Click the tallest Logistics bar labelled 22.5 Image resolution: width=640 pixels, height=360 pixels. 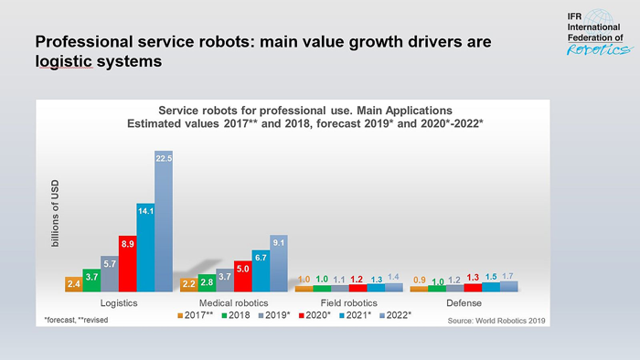164,221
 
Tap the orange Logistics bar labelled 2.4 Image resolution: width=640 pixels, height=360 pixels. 74,284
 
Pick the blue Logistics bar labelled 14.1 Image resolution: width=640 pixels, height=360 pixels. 145,247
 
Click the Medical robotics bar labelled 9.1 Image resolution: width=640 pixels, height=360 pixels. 279,263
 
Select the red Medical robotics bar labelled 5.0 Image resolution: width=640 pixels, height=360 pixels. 243,276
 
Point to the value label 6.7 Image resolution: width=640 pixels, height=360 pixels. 261,259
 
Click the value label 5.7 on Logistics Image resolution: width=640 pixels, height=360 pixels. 110,264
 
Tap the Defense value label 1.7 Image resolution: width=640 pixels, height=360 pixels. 507,275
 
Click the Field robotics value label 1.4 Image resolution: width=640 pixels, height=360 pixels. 394,277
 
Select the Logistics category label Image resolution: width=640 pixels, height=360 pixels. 119,302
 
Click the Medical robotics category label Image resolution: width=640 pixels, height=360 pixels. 234,302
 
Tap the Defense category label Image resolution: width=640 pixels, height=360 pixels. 464,302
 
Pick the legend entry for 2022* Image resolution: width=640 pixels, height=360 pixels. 394,315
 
